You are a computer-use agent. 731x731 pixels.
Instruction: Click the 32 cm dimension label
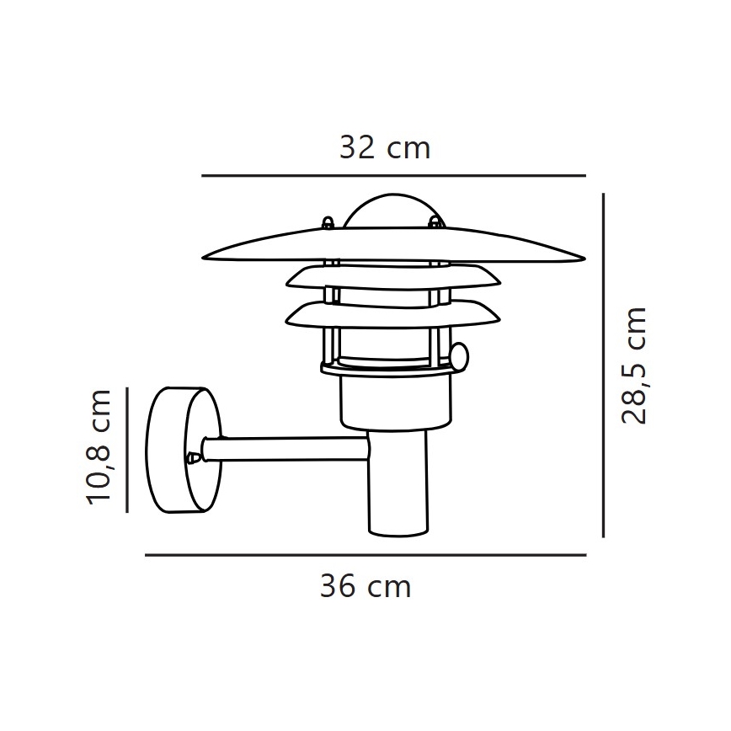pyautogui.click(x=385, y=148)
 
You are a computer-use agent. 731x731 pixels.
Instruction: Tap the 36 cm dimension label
pyautogui.click(x=365, y=586)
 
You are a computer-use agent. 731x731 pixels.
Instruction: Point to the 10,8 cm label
pyautogui.click(x=99, y=447)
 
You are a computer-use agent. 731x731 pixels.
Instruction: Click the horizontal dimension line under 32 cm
pyautogui.click(x=393, y=175)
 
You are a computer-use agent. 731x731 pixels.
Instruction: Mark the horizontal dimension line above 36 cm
pyautogui.click(x=365, y=555)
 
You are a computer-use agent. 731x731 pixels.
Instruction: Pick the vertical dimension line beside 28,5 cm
pyautogui.click(x=604, y=365)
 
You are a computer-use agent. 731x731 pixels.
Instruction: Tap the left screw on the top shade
pyautogui.click(x=328, y=222)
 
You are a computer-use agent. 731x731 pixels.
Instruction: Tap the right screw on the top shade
pyautogui.click(x=435, y=222)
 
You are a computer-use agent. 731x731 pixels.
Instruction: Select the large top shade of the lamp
pyautogui.click(x=394, y=245)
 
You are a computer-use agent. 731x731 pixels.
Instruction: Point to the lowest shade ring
pyautogui.click(x=394, y=314)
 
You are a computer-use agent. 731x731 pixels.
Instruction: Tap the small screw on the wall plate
pyautogui.click(x=194, y=458)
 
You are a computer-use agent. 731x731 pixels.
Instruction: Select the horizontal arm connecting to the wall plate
pyautogui.click(x=286, y=449)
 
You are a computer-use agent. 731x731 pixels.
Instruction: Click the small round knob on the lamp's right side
pyautogui.click(x=458, y=358)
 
